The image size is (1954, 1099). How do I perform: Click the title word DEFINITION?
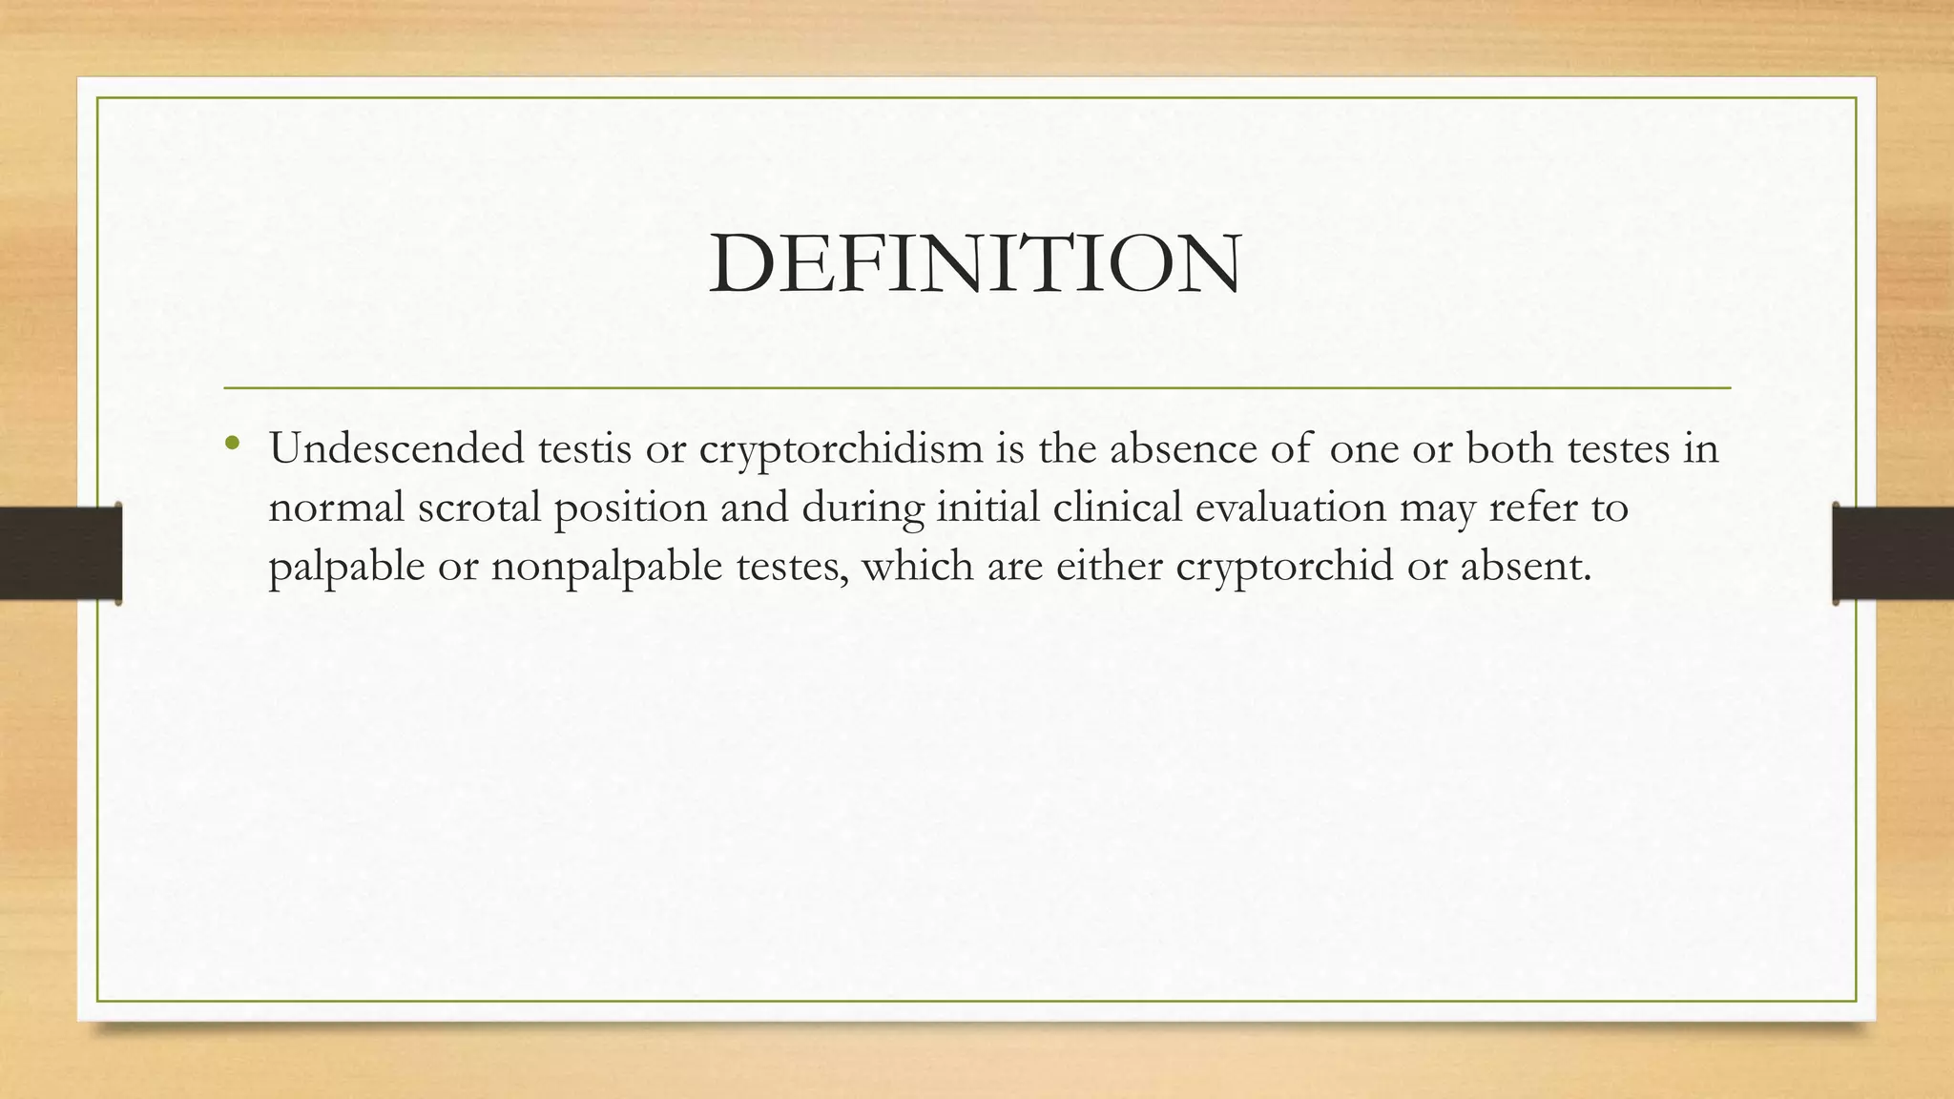[x=975, y=263]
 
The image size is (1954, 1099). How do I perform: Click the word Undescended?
[x=396, y=448]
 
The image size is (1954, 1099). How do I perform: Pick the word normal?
[x=336, y=508]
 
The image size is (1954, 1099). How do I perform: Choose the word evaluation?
[x=1290, y=508]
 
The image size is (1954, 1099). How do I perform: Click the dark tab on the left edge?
[x=60, y=553]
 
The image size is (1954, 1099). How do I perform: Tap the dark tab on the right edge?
[x=1893, y=553]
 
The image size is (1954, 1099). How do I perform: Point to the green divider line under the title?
[x=977, y=388]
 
